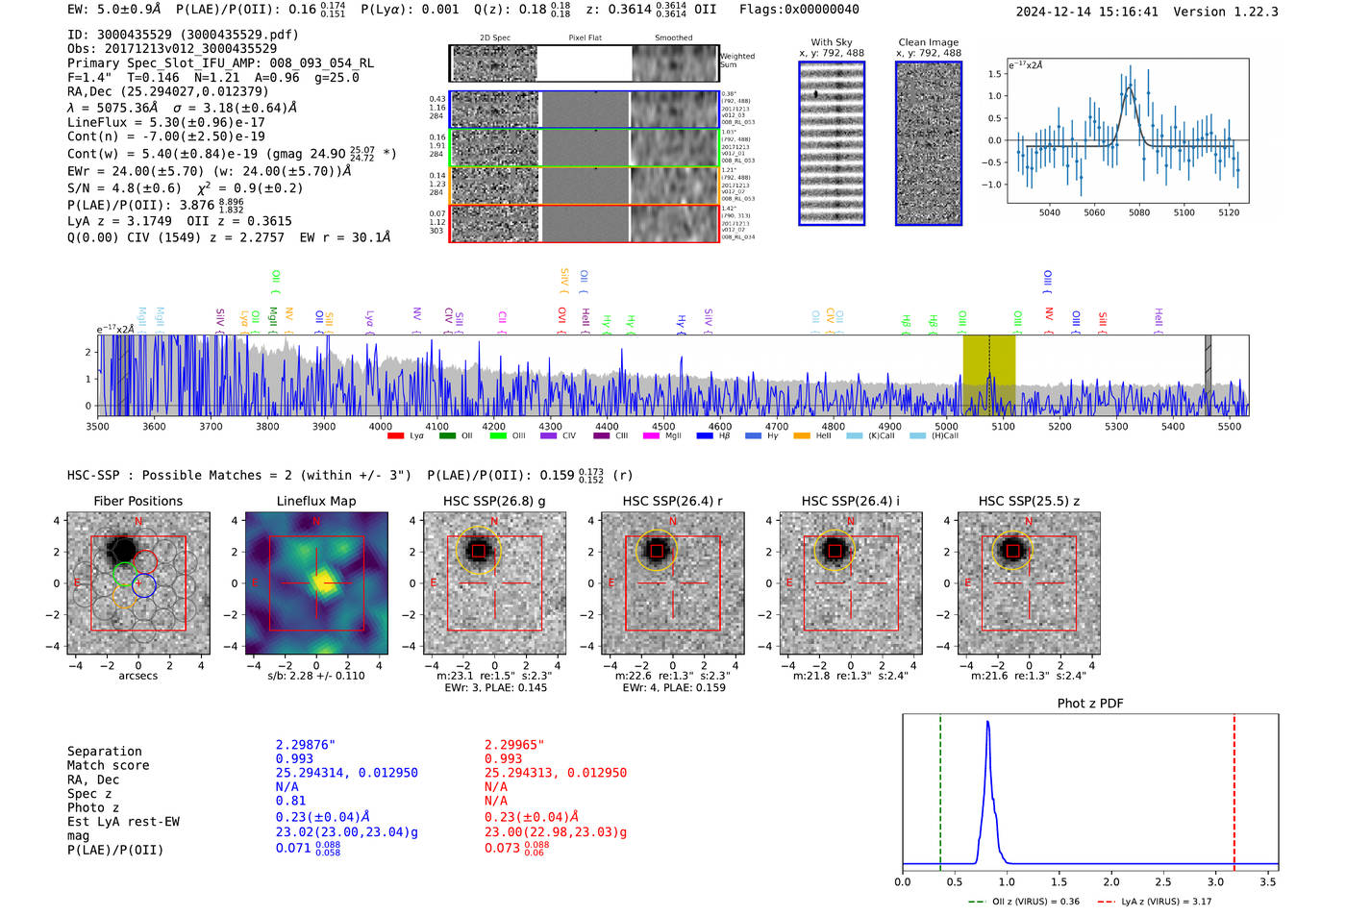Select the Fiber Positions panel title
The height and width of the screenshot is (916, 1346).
point(137,501)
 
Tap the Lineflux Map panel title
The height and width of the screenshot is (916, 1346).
point(316,501)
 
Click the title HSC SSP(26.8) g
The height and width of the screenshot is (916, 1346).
point(494,501)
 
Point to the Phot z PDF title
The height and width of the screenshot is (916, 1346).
point(1090,704)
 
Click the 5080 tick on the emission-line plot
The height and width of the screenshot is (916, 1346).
point(1139,212)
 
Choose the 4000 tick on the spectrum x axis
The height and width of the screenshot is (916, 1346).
point(381,427)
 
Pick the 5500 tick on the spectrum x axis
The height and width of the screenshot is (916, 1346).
point(1230,427)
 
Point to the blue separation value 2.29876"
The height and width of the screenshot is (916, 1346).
point(306,745)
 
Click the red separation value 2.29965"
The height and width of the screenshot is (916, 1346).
point(514,745)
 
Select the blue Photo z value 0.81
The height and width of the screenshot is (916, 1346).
point(290,801)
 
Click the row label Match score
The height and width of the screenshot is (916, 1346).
point(108,766)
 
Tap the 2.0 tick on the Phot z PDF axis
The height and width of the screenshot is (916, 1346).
point(1111,881)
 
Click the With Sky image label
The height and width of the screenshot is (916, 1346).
point(831,42)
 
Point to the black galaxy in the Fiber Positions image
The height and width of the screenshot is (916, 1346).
point(122,551)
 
